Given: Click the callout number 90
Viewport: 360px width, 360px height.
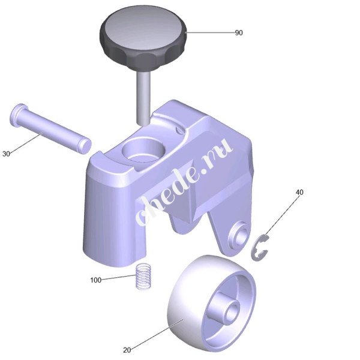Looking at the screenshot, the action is point(239,33).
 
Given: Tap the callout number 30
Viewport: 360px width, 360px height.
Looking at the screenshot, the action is point(6,154).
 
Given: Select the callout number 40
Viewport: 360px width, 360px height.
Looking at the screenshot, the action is point(299,192).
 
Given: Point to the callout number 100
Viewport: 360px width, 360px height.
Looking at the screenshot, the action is point(96,280).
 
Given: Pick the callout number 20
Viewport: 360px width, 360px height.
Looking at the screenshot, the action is point(127,350).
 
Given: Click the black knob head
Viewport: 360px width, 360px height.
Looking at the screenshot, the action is point(143,38).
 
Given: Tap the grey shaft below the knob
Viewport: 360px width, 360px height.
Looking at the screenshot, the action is point(143,98).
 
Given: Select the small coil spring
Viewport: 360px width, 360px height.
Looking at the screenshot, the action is point(143,277).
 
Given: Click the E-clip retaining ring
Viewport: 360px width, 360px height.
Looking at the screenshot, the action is point(259,248).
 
